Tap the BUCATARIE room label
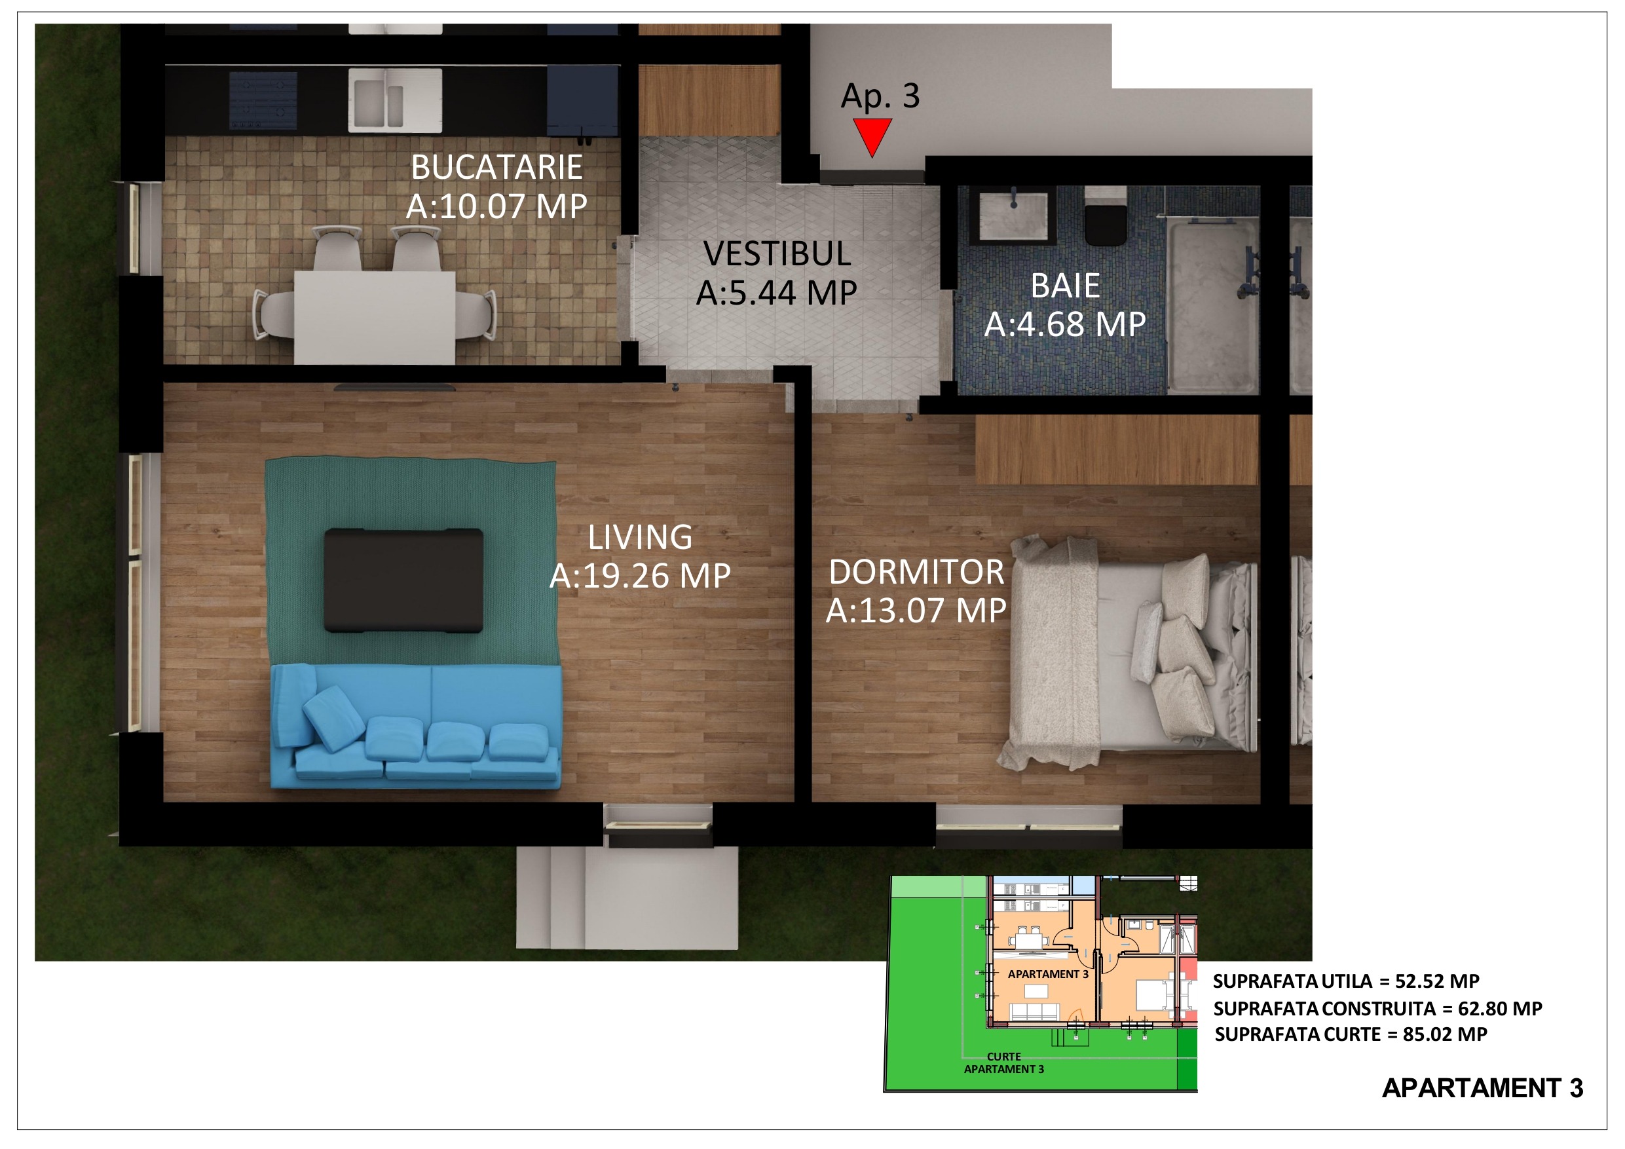[x=497, y=168]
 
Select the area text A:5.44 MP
[x=777, y=292]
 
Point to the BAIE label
[x=1065, y=286]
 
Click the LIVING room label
[x=640, y=537]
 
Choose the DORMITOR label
[x=916, y=572]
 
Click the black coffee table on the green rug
[x=403, y=580]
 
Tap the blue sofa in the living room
[x=416, y=726]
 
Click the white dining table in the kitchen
[x=375, y=317]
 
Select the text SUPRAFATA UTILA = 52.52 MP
[x=1345, y=981]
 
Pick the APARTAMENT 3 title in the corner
[x=1482, y=1087]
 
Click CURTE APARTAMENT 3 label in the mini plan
[x=1003, y=1063]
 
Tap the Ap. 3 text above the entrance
[x=880, y=96]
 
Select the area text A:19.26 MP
[x=640, y=576]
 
